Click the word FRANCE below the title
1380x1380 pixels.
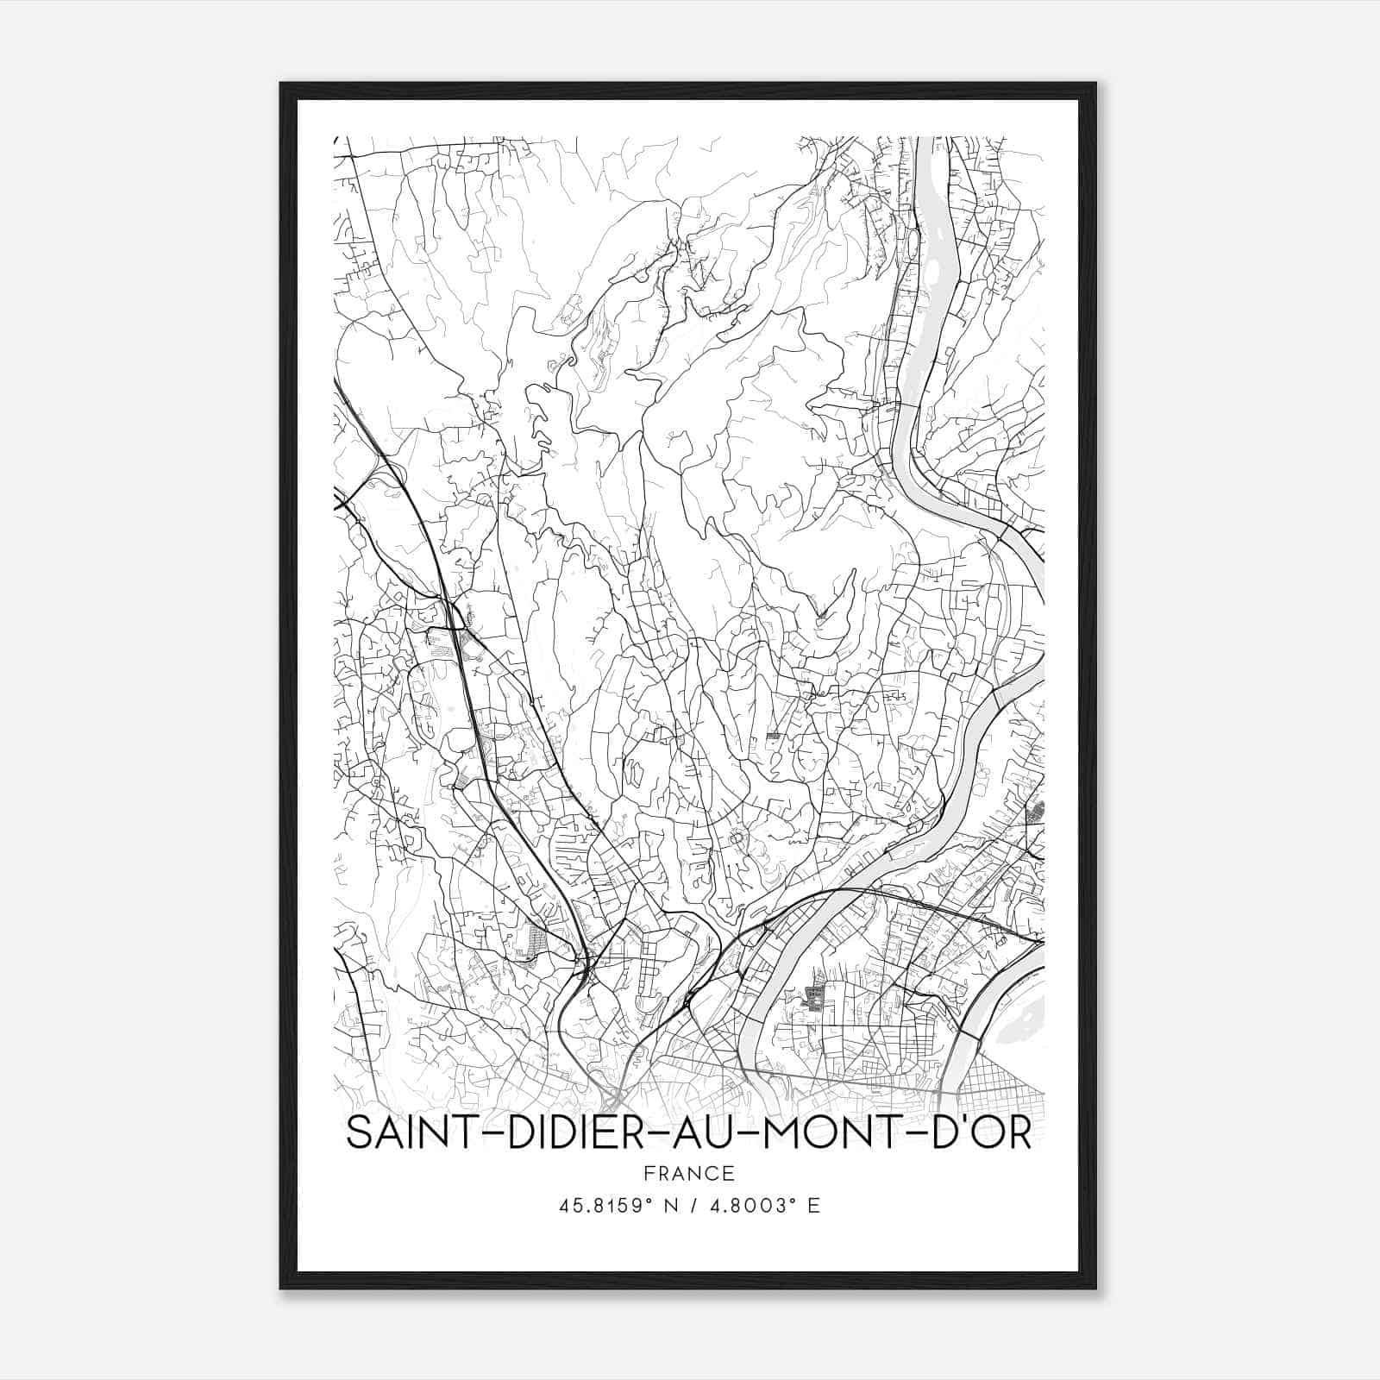[x=689, y=1173]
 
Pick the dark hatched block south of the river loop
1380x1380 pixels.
[x=812, y=999]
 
